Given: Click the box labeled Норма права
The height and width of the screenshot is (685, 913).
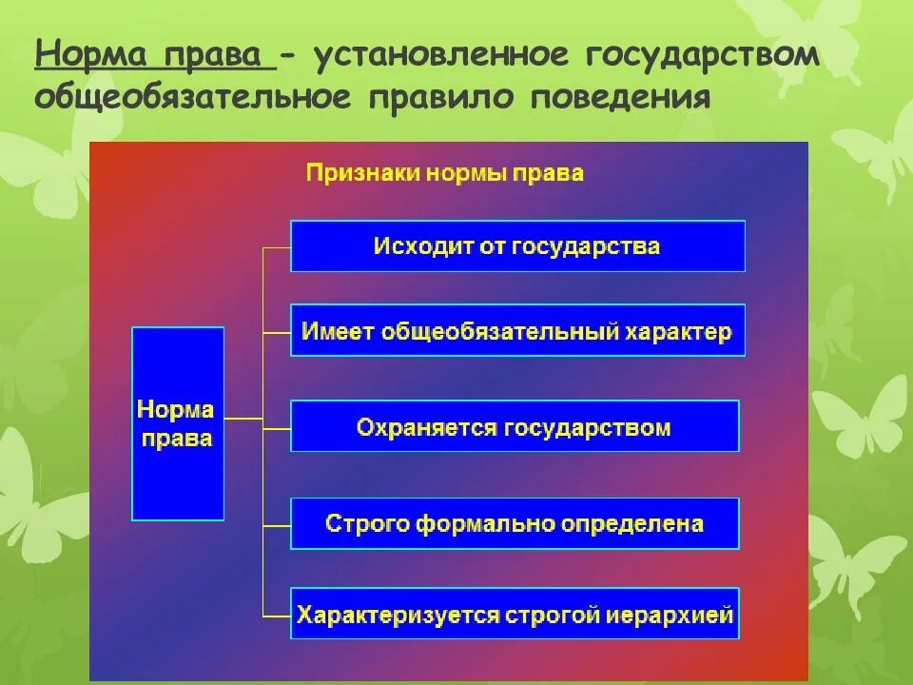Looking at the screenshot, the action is [178, 423].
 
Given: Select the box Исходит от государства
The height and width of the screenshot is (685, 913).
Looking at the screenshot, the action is [517, 246].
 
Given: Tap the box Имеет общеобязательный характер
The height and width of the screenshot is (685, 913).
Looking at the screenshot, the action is [517, 331].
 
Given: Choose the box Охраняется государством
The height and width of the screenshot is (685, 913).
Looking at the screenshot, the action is [515, 426].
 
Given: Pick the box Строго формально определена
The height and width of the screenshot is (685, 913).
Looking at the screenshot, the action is [515, 523].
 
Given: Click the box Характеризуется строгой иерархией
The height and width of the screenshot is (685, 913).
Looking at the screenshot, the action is [515, 615].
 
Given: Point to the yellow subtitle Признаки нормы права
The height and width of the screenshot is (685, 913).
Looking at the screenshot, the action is [444, 173].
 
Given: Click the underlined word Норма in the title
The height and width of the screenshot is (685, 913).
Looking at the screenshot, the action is [91, 54].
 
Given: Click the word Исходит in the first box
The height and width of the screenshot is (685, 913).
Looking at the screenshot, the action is [412, 246].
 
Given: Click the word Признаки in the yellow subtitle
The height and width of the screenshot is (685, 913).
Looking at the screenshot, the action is [362, 173].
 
